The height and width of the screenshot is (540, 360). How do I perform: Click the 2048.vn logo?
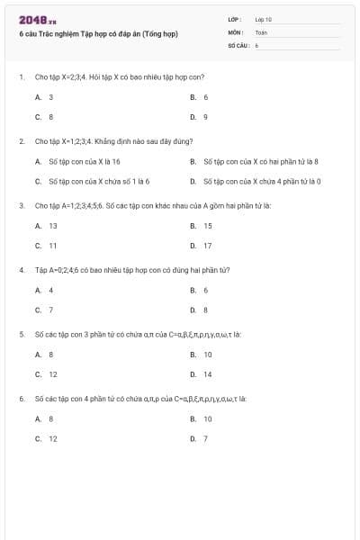[x=37, y=19]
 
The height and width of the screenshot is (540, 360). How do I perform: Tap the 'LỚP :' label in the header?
[x=235, y=18]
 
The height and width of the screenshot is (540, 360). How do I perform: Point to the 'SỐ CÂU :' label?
[x=238, y=43]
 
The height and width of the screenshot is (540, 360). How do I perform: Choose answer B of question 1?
[x=200, y=96]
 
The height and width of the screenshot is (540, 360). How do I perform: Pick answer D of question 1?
[x=200, y=116]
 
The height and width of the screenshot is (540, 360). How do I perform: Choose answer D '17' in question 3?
[x=202, y=245]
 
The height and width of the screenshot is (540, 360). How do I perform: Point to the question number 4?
[x=22, y=270]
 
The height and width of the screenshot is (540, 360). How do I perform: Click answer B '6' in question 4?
[x=200, y=290]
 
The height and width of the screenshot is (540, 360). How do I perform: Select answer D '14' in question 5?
[x=202, y=374]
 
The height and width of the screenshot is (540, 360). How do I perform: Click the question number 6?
[x=22, y=398]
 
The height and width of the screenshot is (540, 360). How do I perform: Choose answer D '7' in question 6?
[x=200, y=438]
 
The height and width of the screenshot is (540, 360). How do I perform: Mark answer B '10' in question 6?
[x=202, y=418]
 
